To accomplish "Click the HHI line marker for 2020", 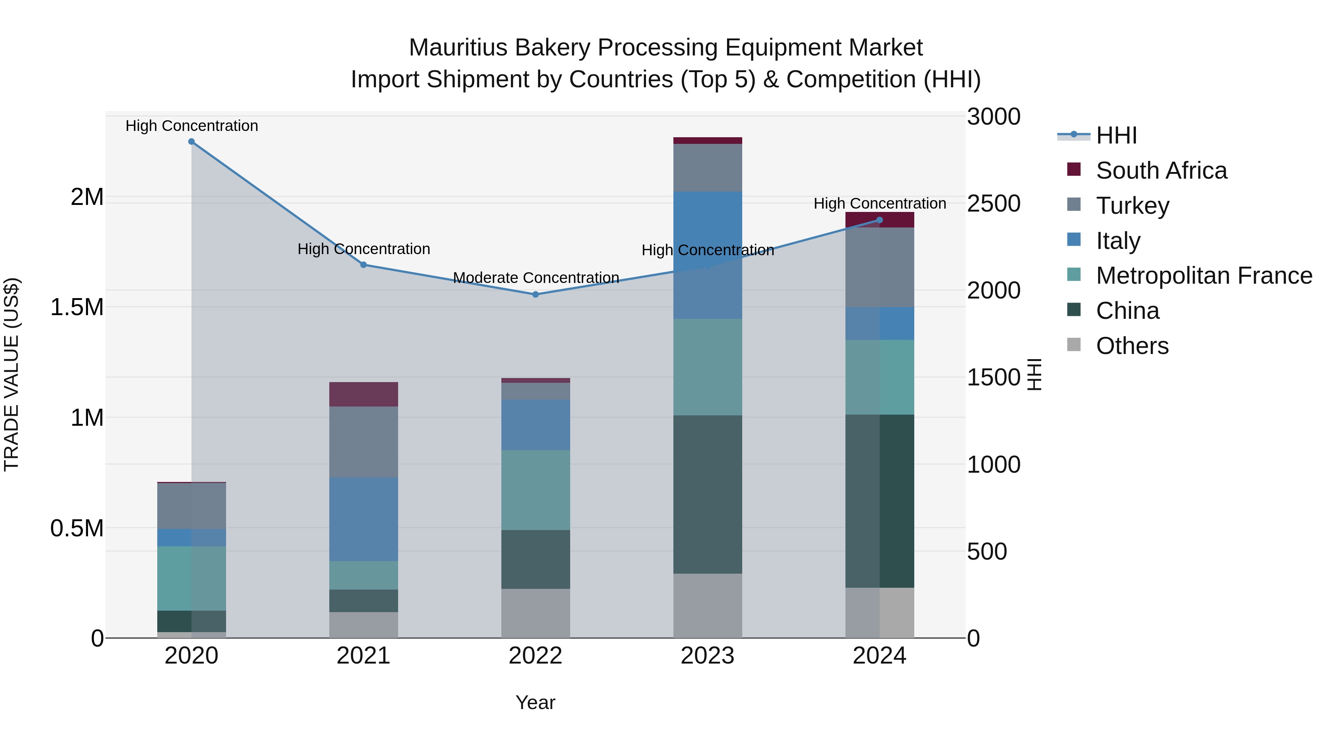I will tap(191, 142).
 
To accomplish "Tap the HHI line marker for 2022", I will tap(536, 295).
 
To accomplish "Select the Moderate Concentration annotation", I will tap(536, 278).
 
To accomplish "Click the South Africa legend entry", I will tap(1161, 171).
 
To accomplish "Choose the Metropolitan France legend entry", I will tap(1204, 276).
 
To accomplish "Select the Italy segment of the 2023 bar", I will tap(707, 255).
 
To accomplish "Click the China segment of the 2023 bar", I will tap(707, 494).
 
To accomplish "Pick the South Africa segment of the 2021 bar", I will tap(363, 394).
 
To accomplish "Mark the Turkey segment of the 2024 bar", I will tap(879, 267).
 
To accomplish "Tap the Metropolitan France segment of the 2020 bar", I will tap(191, 578).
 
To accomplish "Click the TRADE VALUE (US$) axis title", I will tap(11, 375).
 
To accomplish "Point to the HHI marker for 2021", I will tap(363, 265).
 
